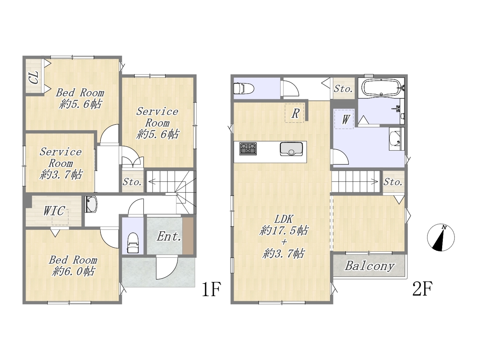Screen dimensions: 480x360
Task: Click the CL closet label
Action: click(x=35, y=77)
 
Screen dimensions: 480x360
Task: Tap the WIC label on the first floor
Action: click(x=54, y=211)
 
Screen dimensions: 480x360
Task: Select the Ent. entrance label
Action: click(x=169, y=236)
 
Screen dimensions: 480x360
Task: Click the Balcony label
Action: click(x=370, y=266)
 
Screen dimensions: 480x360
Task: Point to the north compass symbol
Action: click(x=441, y=237)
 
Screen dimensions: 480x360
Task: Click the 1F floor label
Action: click(x=211, y=289)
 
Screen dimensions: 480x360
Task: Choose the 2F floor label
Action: click(x=422, y=289)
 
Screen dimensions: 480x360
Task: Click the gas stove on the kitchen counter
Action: click(x=248, y=148)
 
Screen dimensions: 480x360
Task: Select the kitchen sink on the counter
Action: click(x=291, y=149)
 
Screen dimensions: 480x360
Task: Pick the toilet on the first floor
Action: click(x=133, y=243)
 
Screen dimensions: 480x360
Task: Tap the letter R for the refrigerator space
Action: click(x=295, y=114)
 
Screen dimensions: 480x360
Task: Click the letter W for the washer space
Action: click(x=345, y=120)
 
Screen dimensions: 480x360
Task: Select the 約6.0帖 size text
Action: click(x=73, y=271)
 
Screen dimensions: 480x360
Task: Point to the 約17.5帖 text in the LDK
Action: click(x=283, y=231)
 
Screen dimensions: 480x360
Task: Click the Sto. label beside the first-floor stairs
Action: click(x=132, y=182)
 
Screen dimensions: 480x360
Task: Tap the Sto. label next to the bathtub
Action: click(x=343, y=89)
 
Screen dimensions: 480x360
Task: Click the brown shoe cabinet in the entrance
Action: click(x=188, y=236)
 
